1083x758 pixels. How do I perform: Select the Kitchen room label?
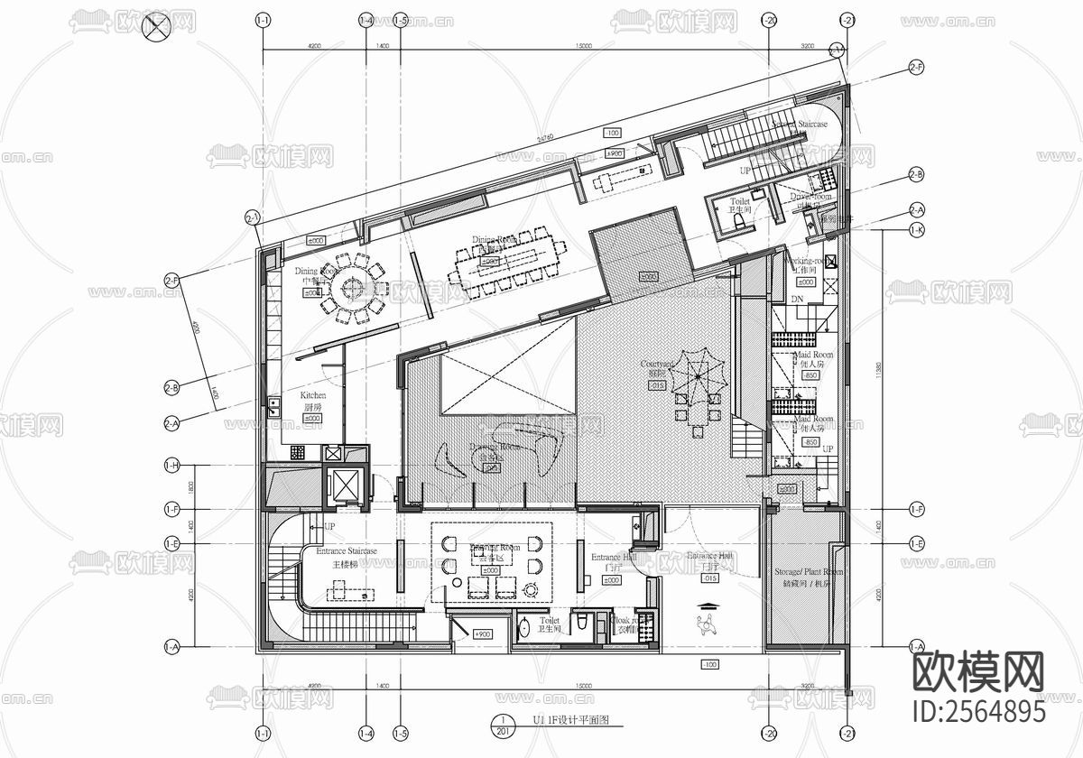[313, 396]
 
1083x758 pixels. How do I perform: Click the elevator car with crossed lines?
[346, 486]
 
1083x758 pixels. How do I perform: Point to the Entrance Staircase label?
[346, 550]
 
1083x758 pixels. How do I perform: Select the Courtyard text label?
[657, 364]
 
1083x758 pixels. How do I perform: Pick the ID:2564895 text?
[978, 711]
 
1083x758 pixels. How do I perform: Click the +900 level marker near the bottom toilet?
[484, 635]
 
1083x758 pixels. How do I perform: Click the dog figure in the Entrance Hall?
[707, 624]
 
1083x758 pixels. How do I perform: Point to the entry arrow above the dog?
[708, 605]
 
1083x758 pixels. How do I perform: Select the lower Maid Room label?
[812, 421]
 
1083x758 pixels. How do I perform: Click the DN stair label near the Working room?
[796, 298]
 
